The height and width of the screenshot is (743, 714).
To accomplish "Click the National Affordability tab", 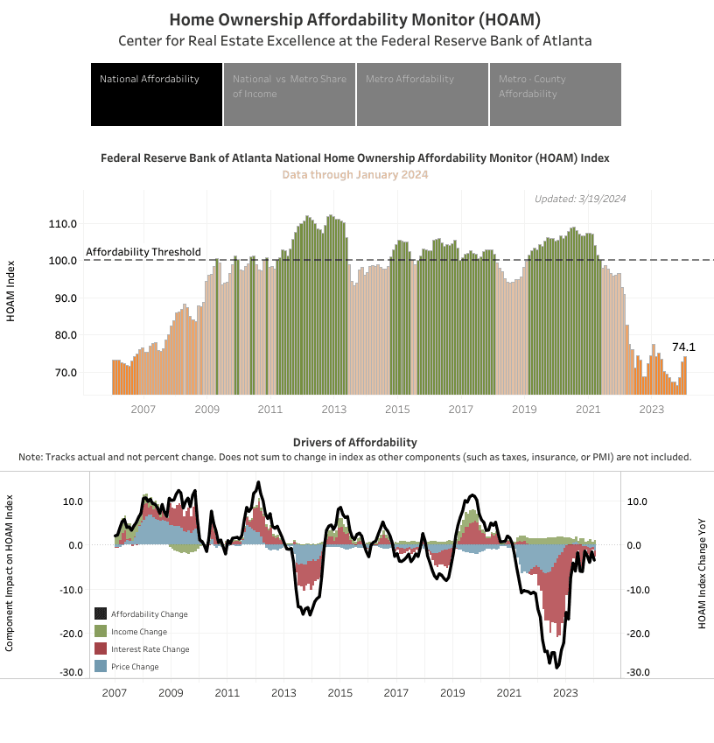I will pyautogui.click(x=156, y=94).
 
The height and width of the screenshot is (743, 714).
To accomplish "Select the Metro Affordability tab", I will pyautogui.click(x=422, y=94).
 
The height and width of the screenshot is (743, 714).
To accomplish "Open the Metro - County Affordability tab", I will pyautogui.click(x=555, y=94).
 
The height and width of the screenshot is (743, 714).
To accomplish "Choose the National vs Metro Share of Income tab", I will pyautogui.click(x=289, y=94).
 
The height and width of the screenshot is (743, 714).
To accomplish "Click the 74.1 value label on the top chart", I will pyautogui.click(x=683, y=347).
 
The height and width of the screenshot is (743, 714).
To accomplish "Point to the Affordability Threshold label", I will pyautogui.click(x=143, y=252).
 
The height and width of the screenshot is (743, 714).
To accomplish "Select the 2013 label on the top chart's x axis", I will pyautogui.click(x=333, y=410).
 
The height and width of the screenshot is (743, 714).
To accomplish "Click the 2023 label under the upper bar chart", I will pyautogui.click(x=651, y=410).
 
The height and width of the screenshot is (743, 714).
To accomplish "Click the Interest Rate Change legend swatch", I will pyautogui.click(x=101, y=649).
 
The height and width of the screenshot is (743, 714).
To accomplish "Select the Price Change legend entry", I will pyautogui.click(x=135, y=667).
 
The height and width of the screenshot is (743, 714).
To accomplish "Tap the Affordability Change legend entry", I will pyautogui.click(x=149, y=614).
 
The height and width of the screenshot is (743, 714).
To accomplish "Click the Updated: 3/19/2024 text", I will pyautogui.click(x=580, y=199).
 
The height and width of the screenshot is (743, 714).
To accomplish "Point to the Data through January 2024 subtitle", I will pyautogui.click(x=354, y=175).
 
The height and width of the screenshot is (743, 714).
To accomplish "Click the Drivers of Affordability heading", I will pyautogui.click(x=354, y=442).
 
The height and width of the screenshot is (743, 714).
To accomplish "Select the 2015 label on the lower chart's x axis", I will pyautogui.click(x=339, y=692).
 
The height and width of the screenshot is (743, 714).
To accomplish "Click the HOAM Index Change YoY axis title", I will pyautogui.click(x=702, y=573).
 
